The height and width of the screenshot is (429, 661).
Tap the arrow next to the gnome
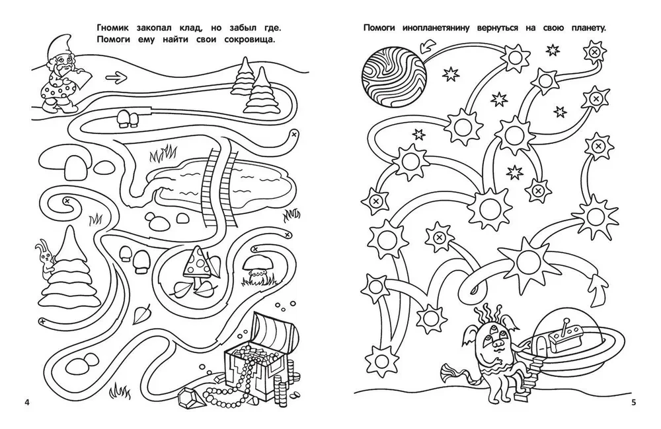116,77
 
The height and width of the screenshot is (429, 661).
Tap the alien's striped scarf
457,372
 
